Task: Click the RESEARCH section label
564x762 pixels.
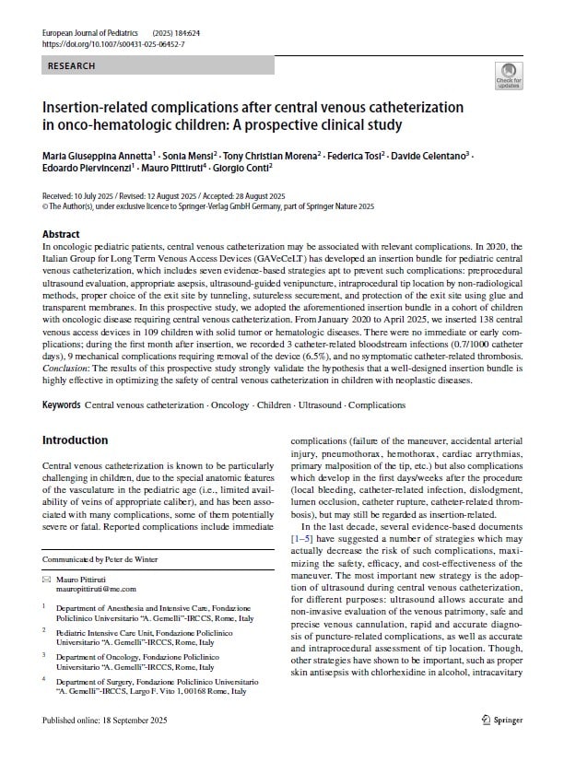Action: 72,67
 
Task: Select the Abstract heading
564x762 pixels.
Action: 62,234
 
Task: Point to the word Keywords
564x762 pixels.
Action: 63,405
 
